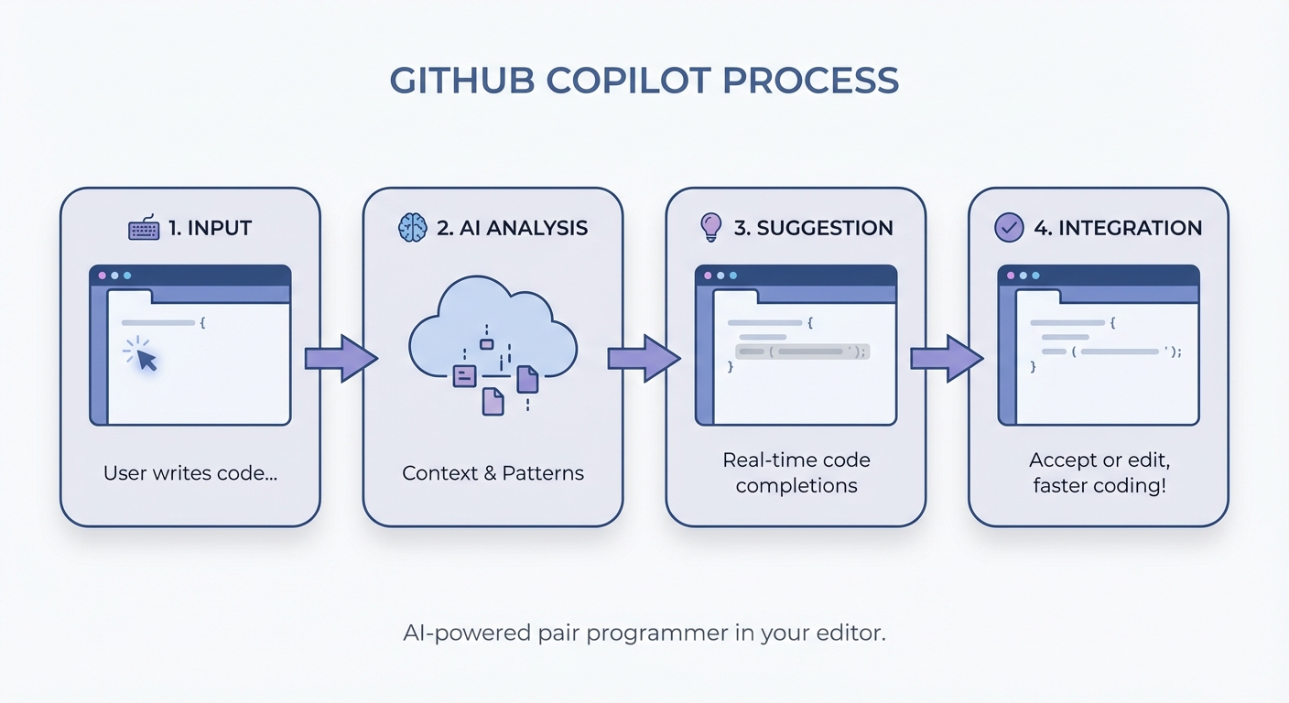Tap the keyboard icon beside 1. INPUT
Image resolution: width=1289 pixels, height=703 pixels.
pyautogui.click(x=144, y=228)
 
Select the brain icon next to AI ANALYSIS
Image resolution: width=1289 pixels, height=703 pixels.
pyautogui.click(x=413, y=228)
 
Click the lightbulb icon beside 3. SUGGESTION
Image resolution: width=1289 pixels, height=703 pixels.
pyautogui.click(x=710, y=227)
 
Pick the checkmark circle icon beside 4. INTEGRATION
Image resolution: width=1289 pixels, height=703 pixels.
pyautogui.click(x=1009, y=227)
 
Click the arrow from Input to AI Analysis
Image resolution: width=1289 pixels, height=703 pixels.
pyautogui.click(x=341, y=357)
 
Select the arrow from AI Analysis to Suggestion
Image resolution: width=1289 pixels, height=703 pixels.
pyautogui.click(x=644, y=357)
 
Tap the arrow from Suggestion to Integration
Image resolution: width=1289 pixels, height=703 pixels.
pyautogui.click(x=946, y=357)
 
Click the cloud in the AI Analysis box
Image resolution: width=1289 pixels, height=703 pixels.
pyautogui.click(x=493, y=330)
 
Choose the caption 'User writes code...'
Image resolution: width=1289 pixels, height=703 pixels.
pyautogui.click(x=190, y=473)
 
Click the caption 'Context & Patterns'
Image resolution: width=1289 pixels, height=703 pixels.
pyautogui.click(x=493, y=473)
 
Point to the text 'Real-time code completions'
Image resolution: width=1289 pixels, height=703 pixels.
pyautogui.click(x=796, y=472)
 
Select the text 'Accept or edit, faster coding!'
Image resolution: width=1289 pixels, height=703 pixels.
pyautogui.click(x=1099, y=472)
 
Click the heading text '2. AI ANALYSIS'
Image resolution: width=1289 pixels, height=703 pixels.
pyautogui.click(x=512, y=228)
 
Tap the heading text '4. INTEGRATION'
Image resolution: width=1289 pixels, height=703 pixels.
pyautogui.click(x=1118, y=228)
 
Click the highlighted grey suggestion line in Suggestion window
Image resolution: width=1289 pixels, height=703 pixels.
pyautogui.click(x=801, y=351)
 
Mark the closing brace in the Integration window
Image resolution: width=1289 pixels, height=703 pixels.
pyautogui.click(x=1033, y=366)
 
